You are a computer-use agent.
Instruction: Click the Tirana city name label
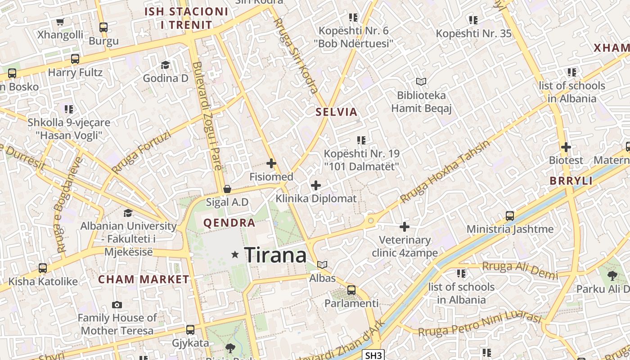[275, 255]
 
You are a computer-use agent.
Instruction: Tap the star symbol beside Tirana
[234, 255]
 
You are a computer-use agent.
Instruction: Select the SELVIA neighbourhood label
[336, 112]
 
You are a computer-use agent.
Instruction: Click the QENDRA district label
[229, 223]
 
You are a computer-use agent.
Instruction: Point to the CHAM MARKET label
[144, 279]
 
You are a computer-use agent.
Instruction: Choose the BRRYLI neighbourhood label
[571, 181]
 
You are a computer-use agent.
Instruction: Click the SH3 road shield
[373, 355]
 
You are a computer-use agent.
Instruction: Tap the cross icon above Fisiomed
[271, 163]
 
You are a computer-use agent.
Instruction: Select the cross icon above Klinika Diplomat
[316, 185]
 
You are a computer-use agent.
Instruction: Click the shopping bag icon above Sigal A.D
[227, 189]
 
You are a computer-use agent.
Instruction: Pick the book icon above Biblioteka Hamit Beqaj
[421, 81]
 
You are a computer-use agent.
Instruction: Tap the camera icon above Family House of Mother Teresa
[117, 305]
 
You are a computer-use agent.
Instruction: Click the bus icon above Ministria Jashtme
[509, 216]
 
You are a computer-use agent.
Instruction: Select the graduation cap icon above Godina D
[165, 65]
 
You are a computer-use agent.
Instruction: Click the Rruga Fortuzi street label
[141, 152]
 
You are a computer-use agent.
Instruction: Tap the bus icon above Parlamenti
[351, 290]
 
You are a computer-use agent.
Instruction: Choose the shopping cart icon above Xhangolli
[60, 22]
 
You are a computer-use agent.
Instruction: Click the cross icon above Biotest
[566, 147]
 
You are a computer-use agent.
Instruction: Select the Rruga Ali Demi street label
[520, 270]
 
